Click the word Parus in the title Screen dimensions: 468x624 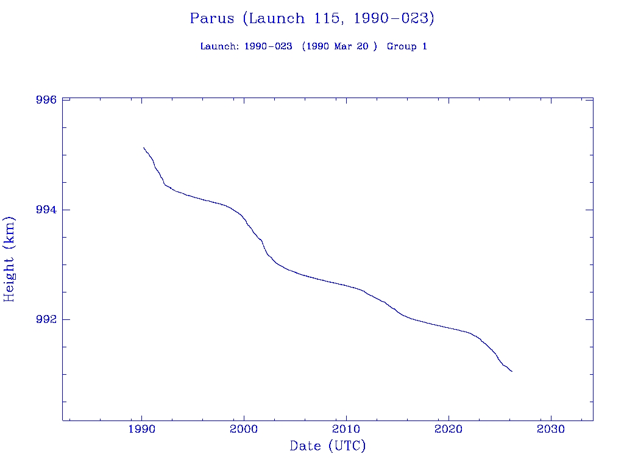point(212,19)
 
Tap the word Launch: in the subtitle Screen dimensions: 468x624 point(219,47)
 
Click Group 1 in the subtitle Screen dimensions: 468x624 point(407,47)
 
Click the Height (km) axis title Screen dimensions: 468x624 point(9,259)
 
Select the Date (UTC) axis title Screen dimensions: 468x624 point(328,446)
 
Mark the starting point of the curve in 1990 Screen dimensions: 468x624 point(144,147)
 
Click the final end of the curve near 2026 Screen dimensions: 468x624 point(512,371)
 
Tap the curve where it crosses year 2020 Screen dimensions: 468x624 point(448,328)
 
